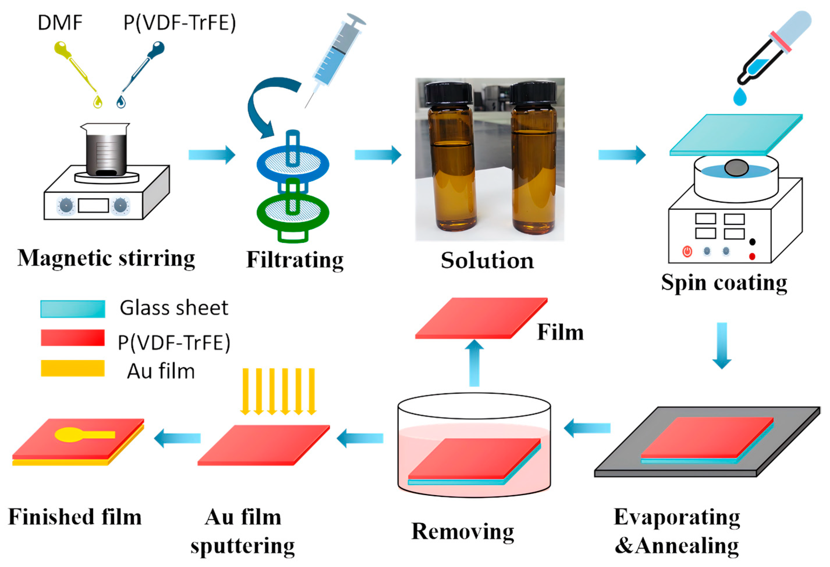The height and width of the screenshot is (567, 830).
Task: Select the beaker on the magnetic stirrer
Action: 106,150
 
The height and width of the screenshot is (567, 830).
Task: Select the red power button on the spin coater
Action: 687,251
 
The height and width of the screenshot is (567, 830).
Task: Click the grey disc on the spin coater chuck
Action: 736,168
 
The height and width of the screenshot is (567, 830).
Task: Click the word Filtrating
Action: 295,260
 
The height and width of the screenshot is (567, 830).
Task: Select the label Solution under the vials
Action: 488,261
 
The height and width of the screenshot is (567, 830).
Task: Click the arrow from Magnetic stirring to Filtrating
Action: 212,154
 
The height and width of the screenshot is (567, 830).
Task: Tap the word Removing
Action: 463,532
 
